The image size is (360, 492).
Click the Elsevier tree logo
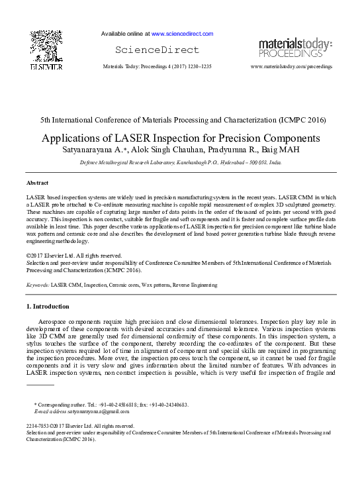click(x=46, y=47)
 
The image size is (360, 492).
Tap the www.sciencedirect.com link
click(x=182, y=33)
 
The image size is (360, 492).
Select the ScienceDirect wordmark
click(x=157, y=50)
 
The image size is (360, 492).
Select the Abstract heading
click(x=37, y=182)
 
